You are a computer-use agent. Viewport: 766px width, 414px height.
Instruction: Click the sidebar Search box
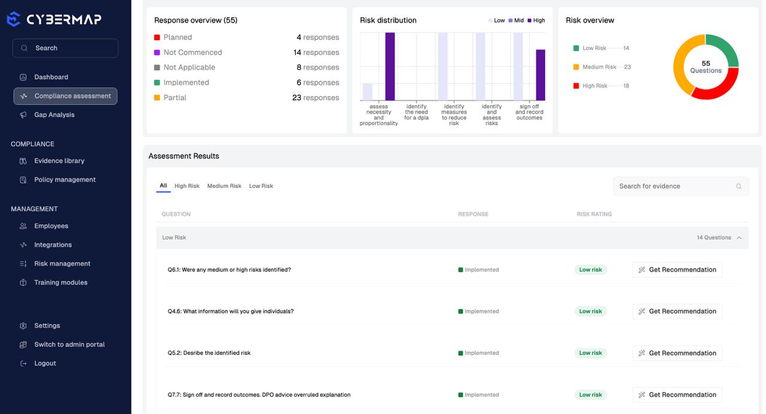[x=65, y=48]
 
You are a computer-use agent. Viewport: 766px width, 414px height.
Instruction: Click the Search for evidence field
[x=681, y=186]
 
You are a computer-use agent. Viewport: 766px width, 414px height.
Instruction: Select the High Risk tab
[x=187, y=186]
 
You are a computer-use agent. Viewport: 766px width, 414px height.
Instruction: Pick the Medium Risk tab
[x=224, y=186]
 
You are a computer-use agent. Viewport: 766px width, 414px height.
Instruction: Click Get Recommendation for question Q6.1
[x=677, y=270]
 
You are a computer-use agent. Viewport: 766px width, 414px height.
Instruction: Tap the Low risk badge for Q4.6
[x=590, y=312]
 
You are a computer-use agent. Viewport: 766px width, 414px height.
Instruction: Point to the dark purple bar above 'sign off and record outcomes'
[x=540, y=75]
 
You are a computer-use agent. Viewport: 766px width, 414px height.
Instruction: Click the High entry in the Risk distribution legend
[x=536, y=20]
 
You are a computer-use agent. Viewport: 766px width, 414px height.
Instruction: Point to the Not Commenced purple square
[x=157, y=52]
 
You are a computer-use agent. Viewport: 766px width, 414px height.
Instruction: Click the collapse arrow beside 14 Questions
[x=739, y=238]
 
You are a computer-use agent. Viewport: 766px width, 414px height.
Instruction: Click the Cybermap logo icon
[x=14, y=19]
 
